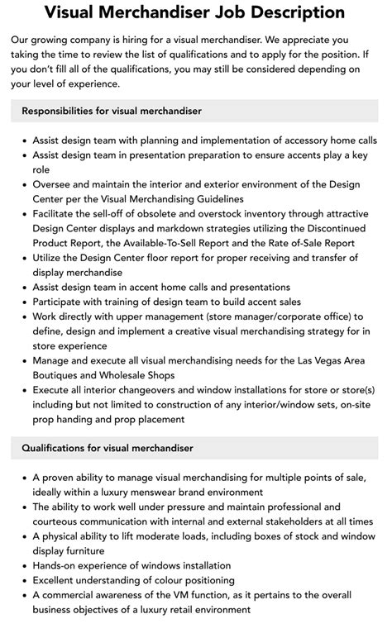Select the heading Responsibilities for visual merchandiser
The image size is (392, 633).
112,111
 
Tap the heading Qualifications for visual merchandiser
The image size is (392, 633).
108,448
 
